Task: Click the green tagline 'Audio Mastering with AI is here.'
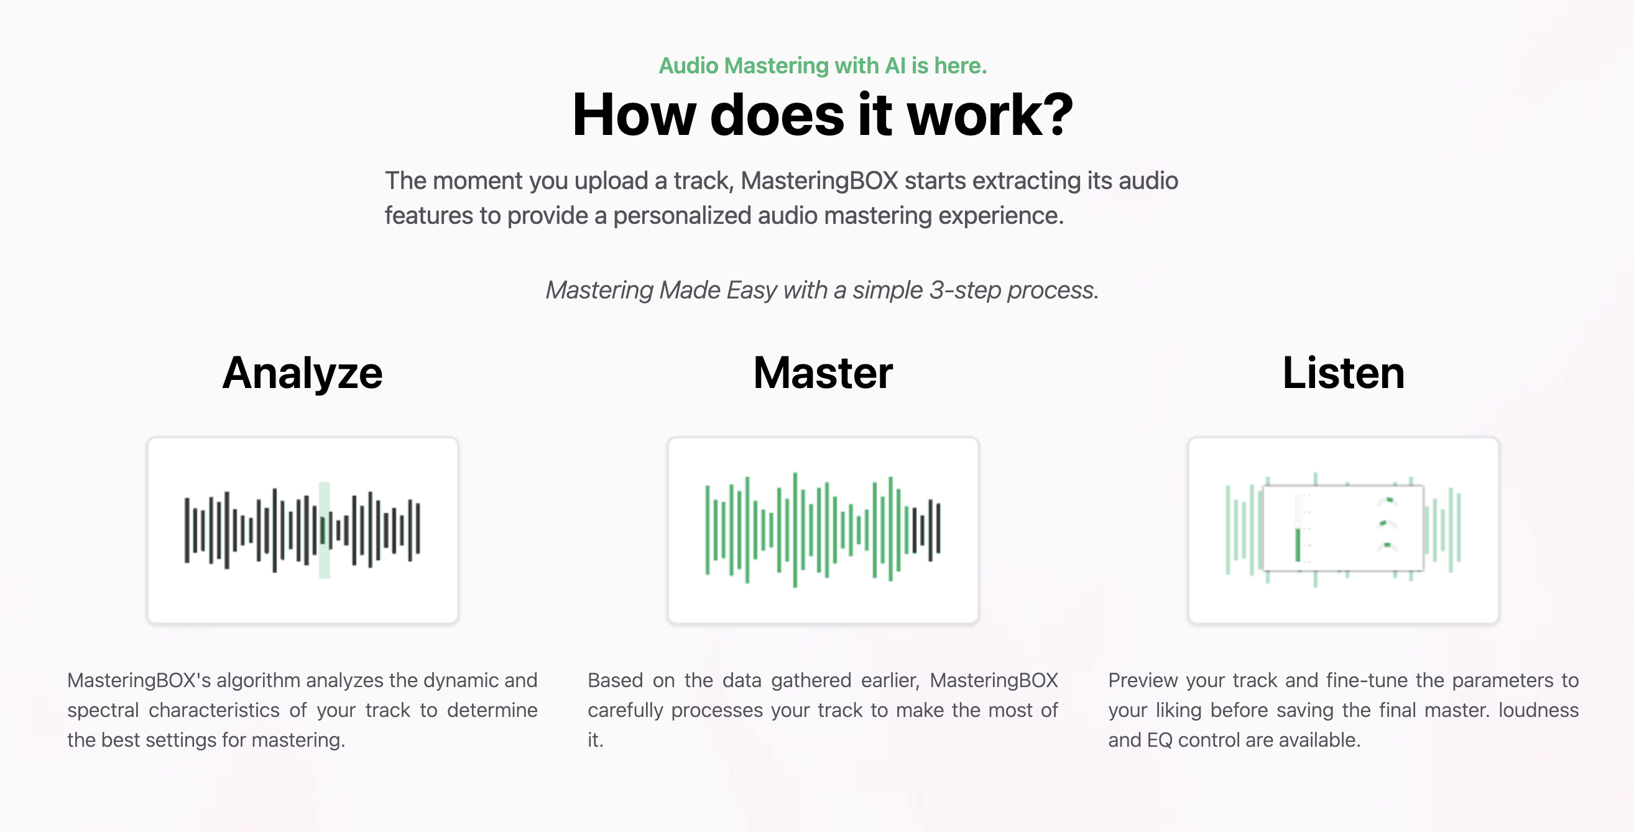pos(823,66)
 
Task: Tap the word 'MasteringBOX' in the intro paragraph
pos(819,182)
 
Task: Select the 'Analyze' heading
pos(303,374)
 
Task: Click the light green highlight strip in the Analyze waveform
pos(324,530)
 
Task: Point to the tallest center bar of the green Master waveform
pos(795,530)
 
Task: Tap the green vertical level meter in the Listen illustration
pos(1298,544)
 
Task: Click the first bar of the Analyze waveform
pos(187,530)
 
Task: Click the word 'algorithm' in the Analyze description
pos(258,680)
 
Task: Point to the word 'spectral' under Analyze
pos(103,710)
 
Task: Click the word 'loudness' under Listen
pos(1538,710)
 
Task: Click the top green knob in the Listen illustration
pos(1388,501)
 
